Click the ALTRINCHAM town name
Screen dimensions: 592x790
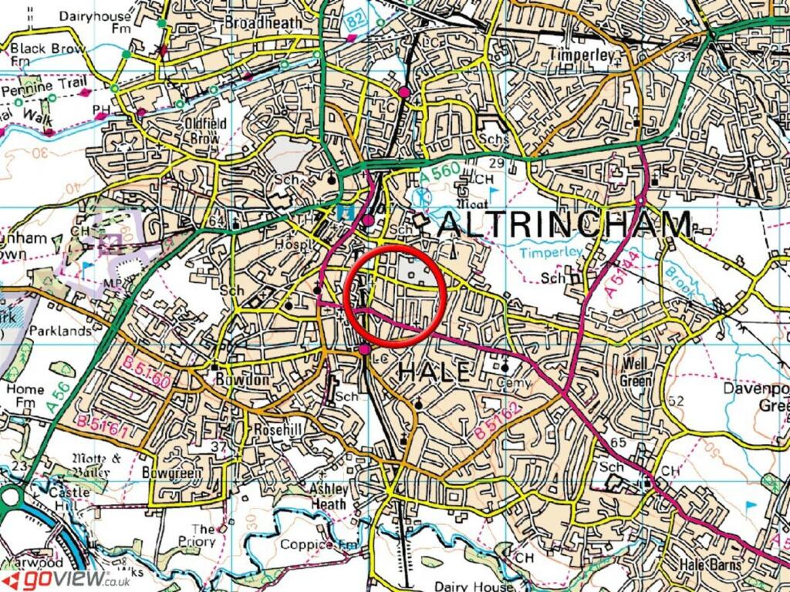565,226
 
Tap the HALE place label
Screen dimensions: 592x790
434,373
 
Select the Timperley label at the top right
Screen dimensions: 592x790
580,55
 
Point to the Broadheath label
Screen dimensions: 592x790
263,23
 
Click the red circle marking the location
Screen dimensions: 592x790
395,297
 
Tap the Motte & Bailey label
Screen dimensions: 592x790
96,463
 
